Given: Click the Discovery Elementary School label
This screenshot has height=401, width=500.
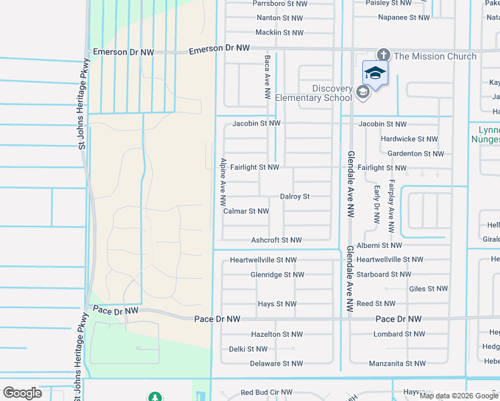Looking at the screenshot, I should point(332,93).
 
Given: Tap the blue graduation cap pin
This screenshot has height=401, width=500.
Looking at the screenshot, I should point(374,74).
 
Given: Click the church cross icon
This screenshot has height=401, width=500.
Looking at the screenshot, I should point(383,55).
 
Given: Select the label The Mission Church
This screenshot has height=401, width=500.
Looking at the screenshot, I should point(435,56).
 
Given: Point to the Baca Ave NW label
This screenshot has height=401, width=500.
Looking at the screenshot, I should point(267,78).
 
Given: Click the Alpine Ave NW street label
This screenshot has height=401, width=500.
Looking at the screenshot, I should point(223,182).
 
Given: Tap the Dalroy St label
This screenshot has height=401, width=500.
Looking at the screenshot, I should point(295,197).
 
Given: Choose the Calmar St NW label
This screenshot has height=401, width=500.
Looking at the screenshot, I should point(246,211).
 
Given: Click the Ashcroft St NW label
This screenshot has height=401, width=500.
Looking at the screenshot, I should point(276,240).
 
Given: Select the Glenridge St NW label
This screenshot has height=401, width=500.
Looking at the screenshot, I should point(277,275).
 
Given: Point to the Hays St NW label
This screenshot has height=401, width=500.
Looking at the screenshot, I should point(277,304).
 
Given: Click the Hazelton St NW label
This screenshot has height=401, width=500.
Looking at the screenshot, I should point(277,334).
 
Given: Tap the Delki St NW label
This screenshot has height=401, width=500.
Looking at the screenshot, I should point(248,349).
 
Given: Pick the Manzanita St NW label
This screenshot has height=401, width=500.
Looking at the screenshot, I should point(397,364).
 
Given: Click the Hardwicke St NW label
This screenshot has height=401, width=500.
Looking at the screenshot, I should point(409,139).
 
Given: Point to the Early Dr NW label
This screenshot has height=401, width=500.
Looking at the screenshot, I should point(377,204).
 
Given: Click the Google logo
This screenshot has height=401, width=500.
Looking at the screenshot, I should point(22,393).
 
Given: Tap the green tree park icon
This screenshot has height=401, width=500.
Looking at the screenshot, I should point(155,397).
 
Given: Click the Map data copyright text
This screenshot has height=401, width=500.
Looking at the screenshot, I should point(459,396).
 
